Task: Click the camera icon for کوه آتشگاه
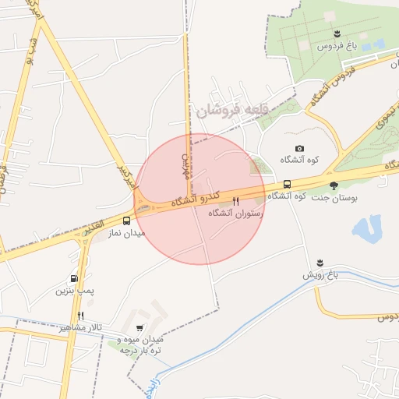pyautogui.click(x=300, y=148)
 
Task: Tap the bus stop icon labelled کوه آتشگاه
pyautogui.click(x=288, y=185)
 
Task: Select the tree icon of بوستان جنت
pyautogui.click(x=334, y=185)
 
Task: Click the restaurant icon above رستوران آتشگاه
pyautogui.click(x=235, y=200)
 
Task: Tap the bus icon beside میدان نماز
pyautogui.click(x=126, y=221)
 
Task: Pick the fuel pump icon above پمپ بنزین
pyautogui.click(x=74, y=278)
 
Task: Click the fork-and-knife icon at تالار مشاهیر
pyautogui.click(x=80, y=316)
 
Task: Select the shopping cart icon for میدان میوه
pyautogui.click(x=139, y=328)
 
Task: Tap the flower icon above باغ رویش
pyautogui.click(x=320, y=263)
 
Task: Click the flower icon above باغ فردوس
pyautogui.click(x=337, y=33)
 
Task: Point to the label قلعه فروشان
pyautogui.click(x=231, y=110)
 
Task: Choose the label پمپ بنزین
pyautogui.click(x=74, y=291)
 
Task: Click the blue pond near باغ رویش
pyautogui.click(x=366, y=229)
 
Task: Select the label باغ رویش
pyautogui.click(x=323, y=274)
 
